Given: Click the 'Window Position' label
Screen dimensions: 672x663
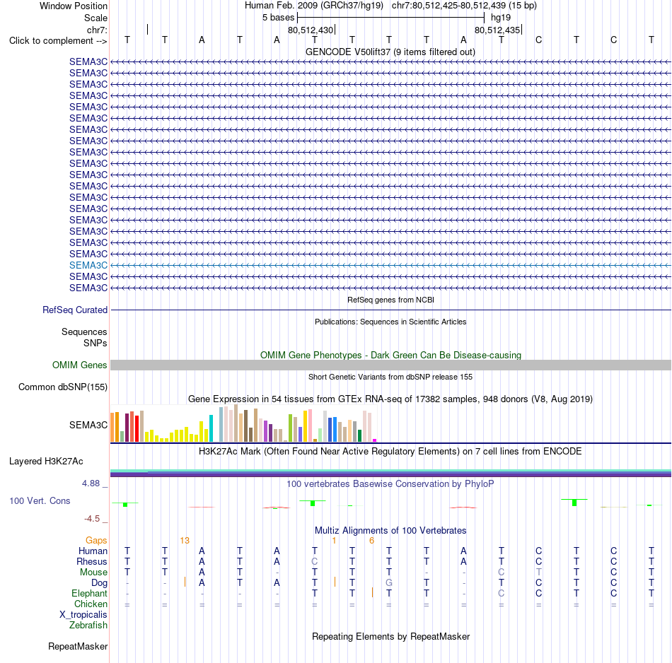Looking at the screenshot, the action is pyautogui.click(x=74, y=6).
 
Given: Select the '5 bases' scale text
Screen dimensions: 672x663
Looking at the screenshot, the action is pyautogui.click(x=279, y=18).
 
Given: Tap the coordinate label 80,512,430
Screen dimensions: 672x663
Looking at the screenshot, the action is pyautogui.click(x=311, y=30).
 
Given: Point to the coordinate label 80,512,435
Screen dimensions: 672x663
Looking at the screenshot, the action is pyautogui.click(x=497, y=30).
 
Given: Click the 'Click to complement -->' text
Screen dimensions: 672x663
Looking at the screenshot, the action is pyautogui.click(x=58, y=41).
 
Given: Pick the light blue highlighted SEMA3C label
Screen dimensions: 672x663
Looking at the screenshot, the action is pyautogui.click(x=88, y=266).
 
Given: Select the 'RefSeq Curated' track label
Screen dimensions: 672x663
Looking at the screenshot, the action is pyautogui.click(x=75, y=310).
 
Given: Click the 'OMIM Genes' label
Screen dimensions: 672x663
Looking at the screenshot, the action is pyautogui.click(x=80, y=365).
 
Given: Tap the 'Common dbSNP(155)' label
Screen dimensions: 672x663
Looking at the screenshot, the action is pyautogui.click(x=63, y=387).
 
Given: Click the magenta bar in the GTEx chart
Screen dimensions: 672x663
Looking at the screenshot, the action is pyautogui.click(x=375, y=440).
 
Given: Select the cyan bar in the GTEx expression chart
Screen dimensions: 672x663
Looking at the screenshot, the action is pyautogui.click(x=211, y=428).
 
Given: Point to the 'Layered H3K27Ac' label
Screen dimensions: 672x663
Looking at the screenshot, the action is pyautogui.click(x=46, y=462).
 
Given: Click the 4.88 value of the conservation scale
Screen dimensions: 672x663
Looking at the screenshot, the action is pyautogui.click(x=91, y=483).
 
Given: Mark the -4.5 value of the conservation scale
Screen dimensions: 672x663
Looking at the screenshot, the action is pyautogui.click(x=92, y=519).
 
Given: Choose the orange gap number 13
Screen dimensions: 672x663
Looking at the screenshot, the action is pyautogui.click(x=185, y=541).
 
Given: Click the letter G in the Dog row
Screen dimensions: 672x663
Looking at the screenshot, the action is pyautogui.click(x=389, y=583).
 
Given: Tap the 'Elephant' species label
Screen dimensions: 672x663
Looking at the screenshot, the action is pyautogui.click(x=90, y=594).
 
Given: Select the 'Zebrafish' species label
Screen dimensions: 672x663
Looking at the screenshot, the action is pyautogui.click(x=88, y=626).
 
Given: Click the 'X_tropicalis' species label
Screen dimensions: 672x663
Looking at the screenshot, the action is pyautogui.click(x=83, y=615).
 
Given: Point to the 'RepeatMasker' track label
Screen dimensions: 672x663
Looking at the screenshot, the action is pyautogui.click(x=78, y=646).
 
